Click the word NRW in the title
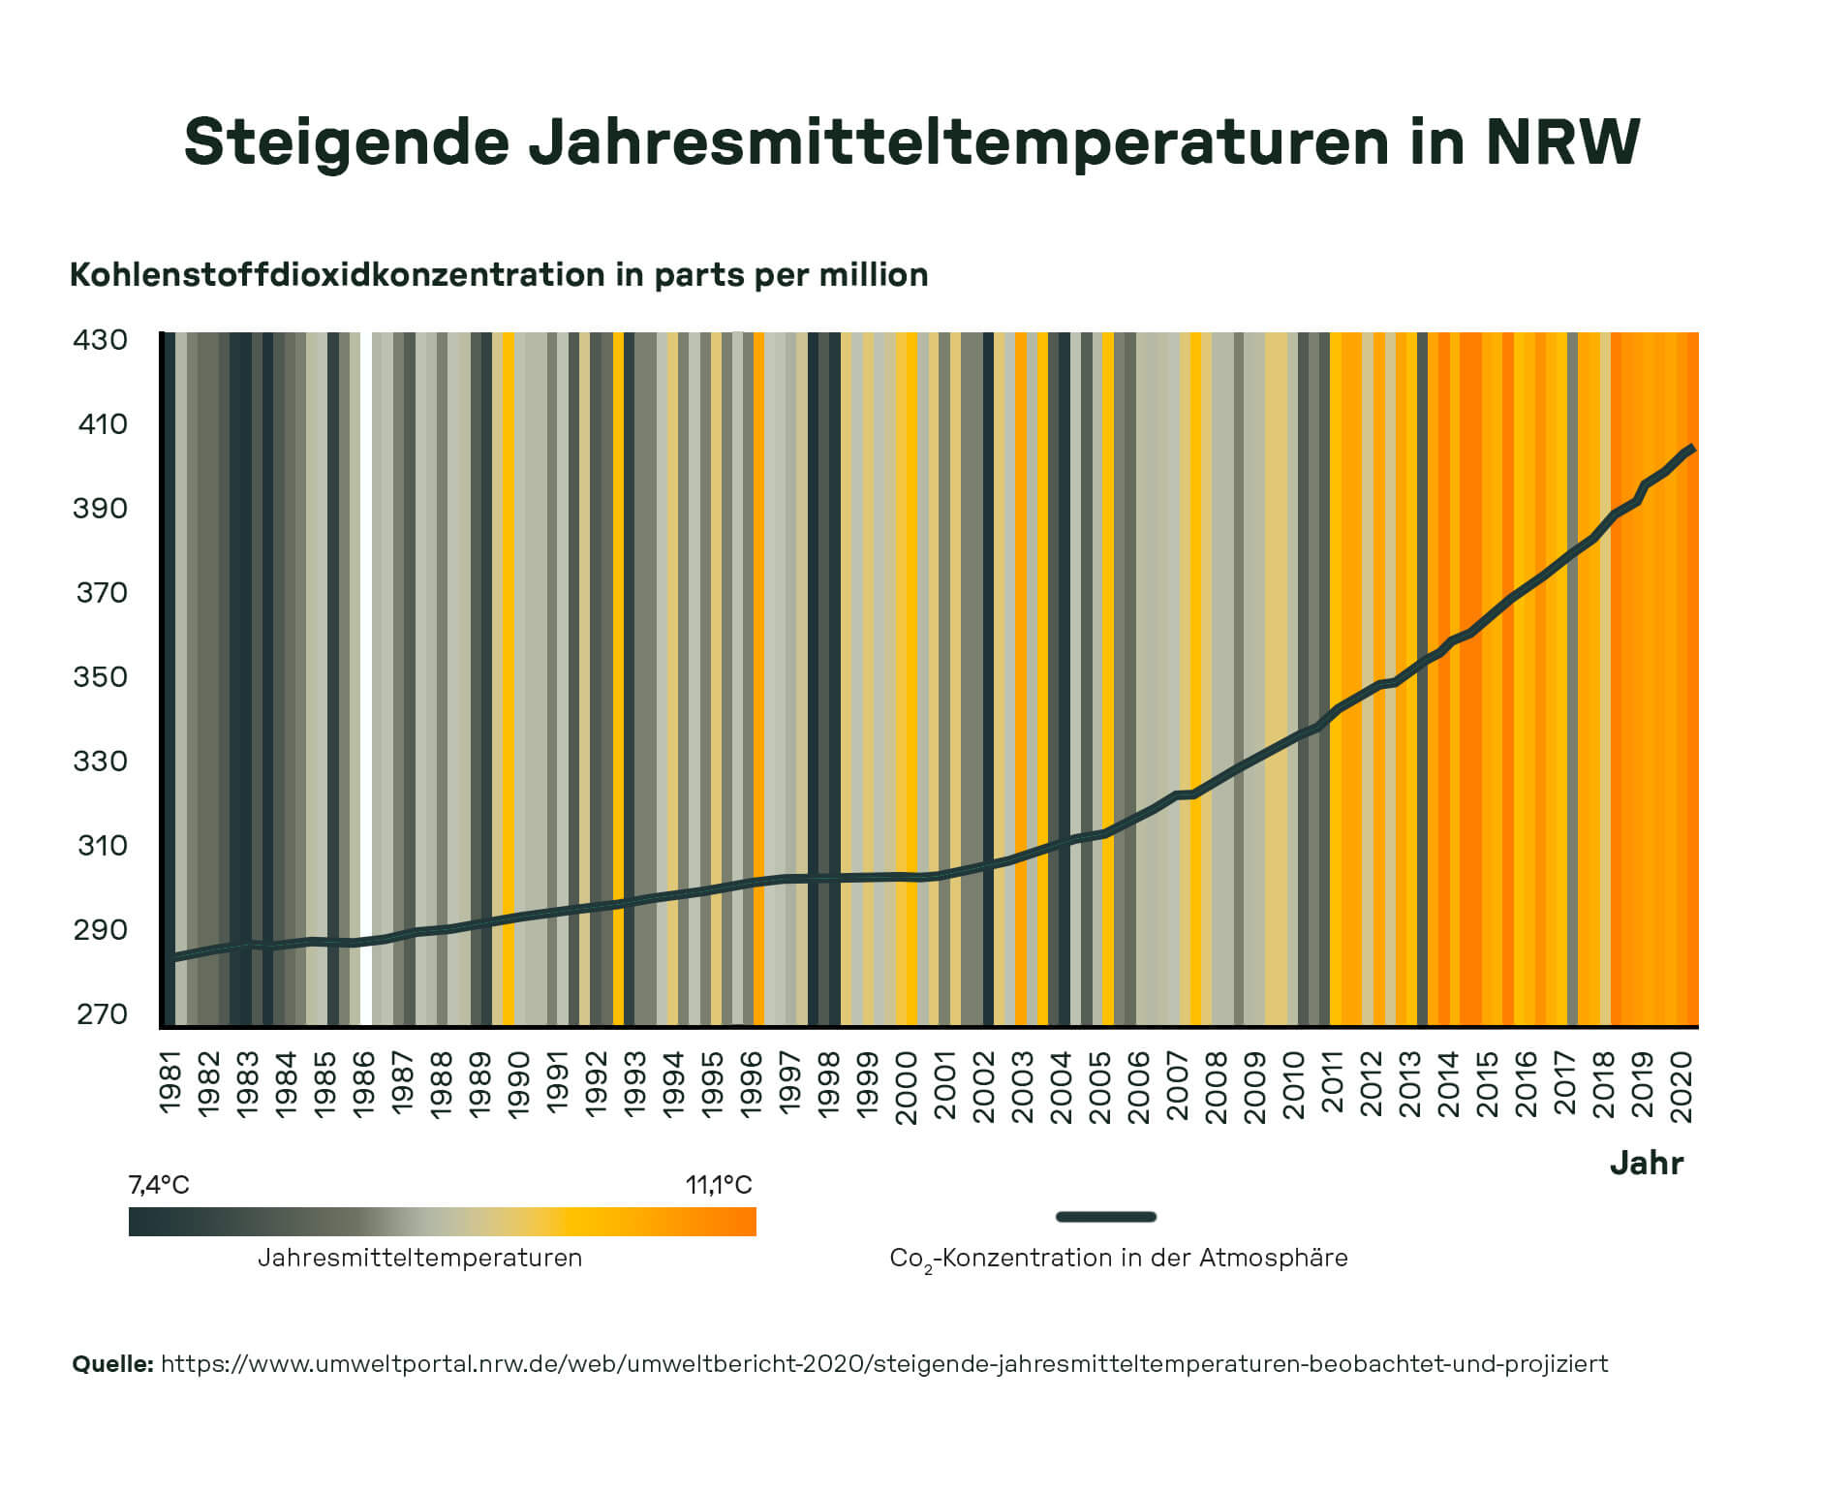[1561, 142]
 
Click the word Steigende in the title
[346, 142]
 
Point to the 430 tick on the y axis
[100, 340]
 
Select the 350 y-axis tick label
[100, 676]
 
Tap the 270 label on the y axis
[101, 1014]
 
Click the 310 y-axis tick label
[102, 846]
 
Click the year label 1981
[170, 1082]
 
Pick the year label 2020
[1682, 1086]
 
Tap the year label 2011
[1332, 1082]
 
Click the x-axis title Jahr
[1646, 1163]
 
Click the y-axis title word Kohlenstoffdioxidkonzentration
[337, 275]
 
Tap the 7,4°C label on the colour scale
[159, 1185]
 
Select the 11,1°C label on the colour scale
[719, 1185]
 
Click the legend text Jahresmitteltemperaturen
[419, 1259]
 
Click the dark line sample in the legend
[1105, 1217]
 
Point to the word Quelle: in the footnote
[112, 1364]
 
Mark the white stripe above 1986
[365, 678]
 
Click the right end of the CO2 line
[1691, 449]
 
